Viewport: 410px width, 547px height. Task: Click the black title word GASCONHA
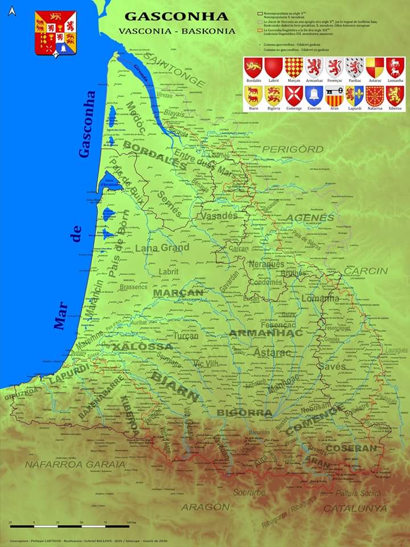click(176, 17)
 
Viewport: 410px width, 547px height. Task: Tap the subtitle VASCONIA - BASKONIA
click(177, 31)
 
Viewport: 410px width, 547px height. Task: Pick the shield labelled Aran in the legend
click(334, 95)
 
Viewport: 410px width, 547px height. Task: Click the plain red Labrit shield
click(273, 67)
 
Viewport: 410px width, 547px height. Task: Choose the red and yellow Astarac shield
click(374, 67)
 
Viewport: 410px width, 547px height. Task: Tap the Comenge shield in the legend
click(294, 95)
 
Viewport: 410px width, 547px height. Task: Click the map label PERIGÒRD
click(293, 150)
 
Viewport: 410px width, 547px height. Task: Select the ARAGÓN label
click(206, 507)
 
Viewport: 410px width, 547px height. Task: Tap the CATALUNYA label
click(355, 508)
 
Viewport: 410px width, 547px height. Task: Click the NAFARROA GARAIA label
click(75, 464)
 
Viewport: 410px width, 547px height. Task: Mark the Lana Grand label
click(162, 248)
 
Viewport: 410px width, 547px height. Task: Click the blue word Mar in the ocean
click(61, 315)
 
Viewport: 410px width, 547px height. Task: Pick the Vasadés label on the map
click(218, 216)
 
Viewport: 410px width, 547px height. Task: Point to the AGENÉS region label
click(310, 218)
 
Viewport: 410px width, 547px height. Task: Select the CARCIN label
click(365, 271)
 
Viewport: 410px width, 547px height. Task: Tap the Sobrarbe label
click(249, 492)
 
